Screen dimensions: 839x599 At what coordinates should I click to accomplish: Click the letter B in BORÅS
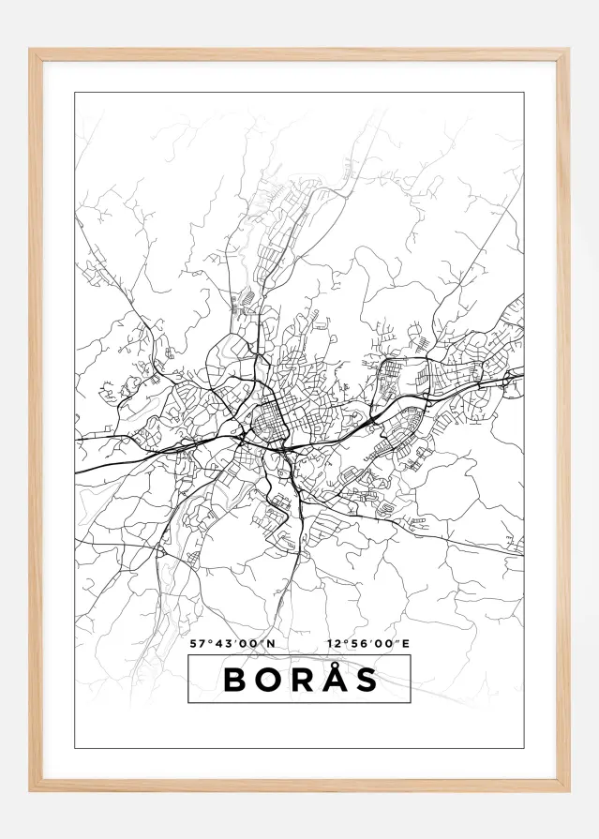235,680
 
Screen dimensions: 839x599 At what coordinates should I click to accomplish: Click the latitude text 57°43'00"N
232,644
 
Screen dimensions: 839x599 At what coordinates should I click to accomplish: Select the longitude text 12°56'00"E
369,644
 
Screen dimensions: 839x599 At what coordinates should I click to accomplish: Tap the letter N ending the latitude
271,644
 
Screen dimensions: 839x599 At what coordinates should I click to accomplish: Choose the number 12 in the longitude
335,644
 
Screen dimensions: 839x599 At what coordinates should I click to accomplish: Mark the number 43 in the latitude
219,644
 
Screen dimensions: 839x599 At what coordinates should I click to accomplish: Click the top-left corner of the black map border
75,93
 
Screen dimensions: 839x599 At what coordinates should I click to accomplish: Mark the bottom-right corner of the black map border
523,748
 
